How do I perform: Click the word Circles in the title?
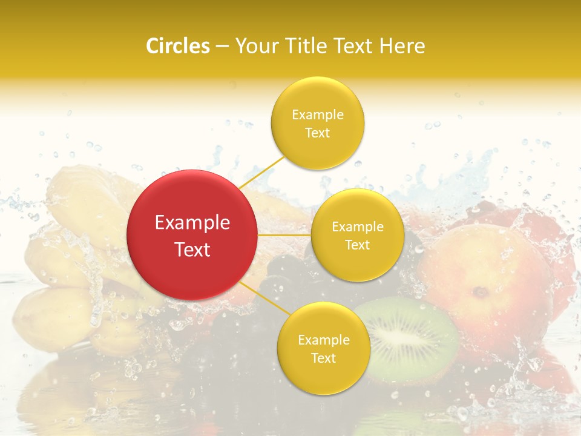(x=177, y=46)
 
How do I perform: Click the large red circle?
(x=192, y=235)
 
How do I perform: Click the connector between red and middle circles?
(x=284, y=235)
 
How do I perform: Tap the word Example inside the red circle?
(x=192, y=223)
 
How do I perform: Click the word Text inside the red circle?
(x=192, y=249)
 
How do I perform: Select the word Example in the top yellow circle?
(x=317, y=114)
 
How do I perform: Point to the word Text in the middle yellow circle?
(x=357, y=245)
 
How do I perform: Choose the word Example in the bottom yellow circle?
(x=323, y=340)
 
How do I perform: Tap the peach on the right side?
(x=484, y=279)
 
